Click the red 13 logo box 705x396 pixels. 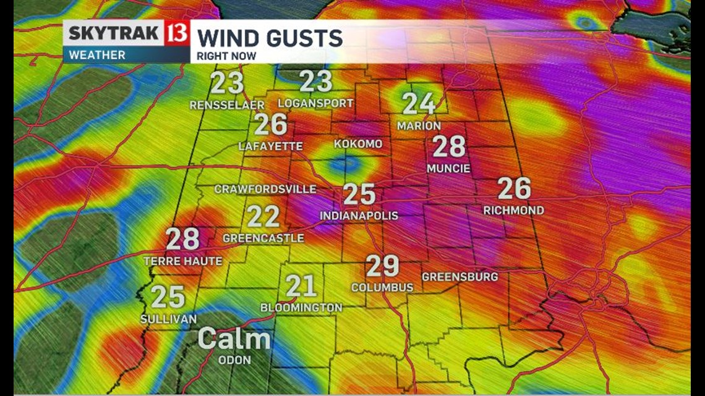point(176,33)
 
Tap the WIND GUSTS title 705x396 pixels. point(270,38)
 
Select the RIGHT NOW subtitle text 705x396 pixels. point(226,56)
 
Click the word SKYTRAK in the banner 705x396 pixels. point(114,33)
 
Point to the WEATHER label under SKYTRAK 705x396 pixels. point(97,54)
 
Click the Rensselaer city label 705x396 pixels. point(227,106)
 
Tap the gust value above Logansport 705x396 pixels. point(316,82)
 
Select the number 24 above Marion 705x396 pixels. point(419,104)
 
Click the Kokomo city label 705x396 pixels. point(358,144)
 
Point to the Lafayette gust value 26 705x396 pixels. point(271,124)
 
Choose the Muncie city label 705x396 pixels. point(448,168)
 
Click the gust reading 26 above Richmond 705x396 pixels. point(514,188)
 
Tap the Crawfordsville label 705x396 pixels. point(265,189)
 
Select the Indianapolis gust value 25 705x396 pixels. point(359,194)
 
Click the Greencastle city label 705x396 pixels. point(263,238)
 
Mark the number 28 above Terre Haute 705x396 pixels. point(182,238)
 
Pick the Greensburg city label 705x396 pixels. point(459,277)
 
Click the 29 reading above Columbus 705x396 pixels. point(382,266)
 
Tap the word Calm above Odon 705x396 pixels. point(234,339)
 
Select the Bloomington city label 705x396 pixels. point(301,307)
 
